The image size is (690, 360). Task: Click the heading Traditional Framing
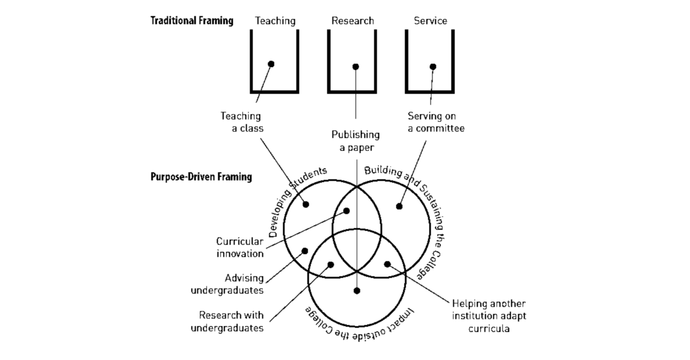pos(192,21)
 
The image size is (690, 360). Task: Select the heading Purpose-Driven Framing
pos(201,177)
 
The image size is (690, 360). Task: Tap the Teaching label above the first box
pos(275,21)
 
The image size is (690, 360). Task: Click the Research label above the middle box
pos(352,21)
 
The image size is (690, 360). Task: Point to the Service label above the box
pos(430,21)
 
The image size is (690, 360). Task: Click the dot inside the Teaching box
pos(271,64)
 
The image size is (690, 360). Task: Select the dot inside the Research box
pos(356,67)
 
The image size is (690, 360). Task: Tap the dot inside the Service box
pos(433,67)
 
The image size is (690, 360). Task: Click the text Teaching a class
pos(242,122)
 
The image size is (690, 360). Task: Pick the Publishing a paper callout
pos(356,141)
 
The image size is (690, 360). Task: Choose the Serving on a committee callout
pos(436,122)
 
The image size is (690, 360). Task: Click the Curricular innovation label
pos(240,247)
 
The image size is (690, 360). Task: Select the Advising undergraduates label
pos(227,284)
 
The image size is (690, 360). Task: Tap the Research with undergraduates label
pos(227,321)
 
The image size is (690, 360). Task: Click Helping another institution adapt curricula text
pos(489,316)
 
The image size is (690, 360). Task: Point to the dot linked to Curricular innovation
pos(346,211)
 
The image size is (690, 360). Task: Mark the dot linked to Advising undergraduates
pos(305,251)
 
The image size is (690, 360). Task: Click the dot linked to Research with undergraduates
pos(331,264)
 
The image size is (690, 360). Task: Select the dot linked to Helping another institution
pos(387,264)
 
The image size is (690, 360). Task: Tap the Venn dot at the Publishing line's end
pos(357,291)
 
